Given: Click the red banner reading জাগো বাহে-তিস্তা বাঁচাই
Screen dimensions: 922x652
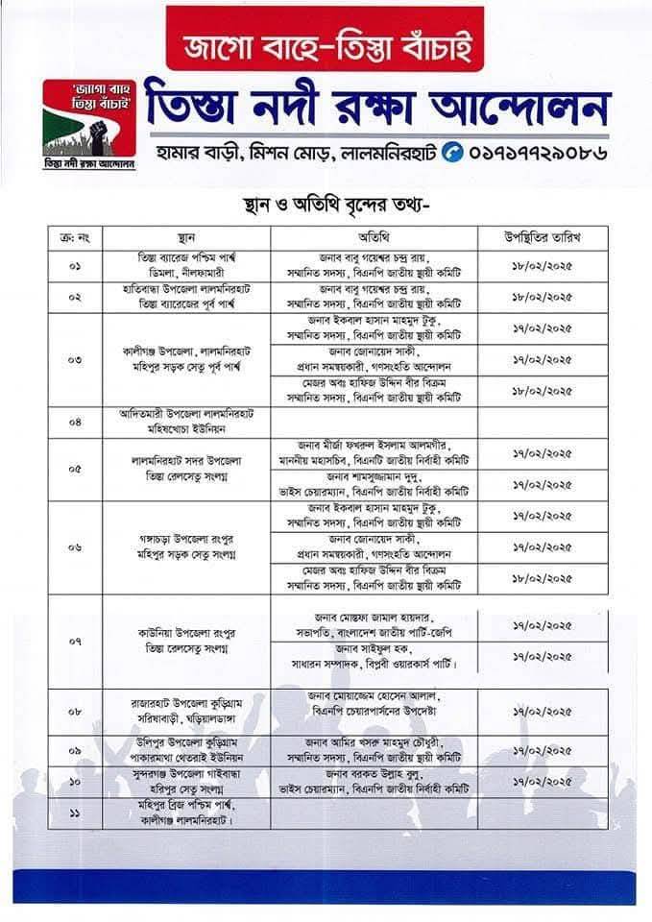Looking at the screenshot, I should coord(326,43).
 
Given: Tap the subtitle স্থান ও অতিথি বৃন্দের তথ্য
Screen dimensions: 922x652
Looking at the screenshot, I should coord(325,205).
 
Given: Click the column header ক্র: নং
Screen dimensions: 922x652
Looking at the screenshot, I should coord(75,236).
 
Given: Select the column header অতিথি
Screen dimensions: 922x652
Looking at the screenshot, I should coord(374,236).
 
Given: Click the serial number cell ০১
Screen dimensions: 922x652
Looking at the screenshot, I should coord(75,265).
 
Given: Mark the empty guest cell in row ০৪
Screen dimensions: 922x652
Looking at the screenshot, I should coord(374,420).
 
